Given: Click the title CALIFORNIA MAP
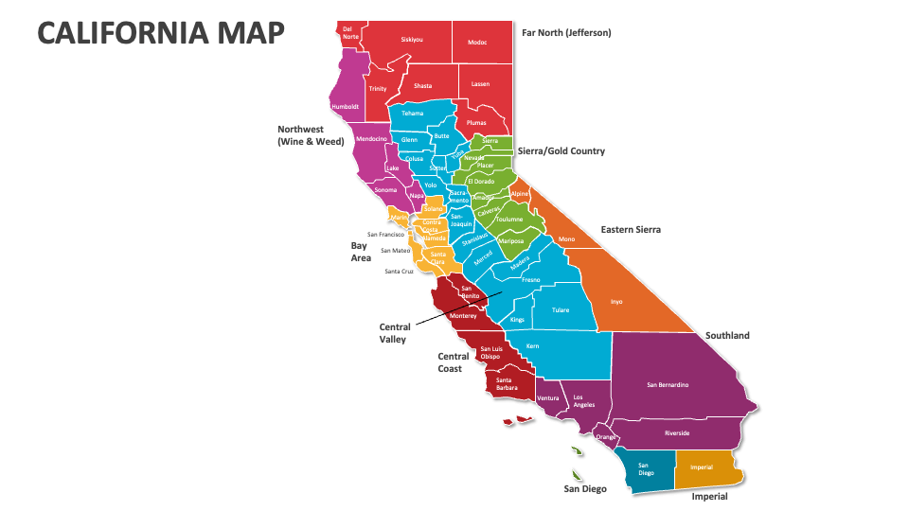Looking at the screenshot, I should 161,32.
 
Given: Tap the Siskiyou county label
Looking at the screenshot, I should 412,40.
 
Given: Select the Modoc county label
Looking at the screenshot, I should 477,42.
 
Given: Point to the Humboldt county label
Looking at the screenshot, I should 345,107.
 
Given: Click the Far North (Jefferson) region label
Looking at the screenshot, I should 566,32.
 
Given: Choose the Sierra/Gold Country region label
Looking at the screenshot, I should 561,151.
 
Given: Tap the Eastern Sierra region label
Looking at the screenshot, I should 631,230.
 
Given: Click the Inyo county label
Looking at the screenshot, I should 616,302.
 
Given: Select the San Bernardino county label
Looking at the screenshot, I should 668,385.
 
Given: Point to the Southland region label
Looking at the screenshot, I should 727,336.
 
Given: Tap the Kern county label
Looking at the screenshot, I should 532,346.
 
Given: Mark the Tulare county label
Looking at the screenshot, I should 561,310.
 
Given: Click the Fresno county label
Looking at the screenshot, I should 530,280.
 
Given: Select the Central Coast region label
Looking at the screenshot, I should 453,362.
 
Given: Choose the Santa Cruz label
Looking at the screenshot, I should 400,272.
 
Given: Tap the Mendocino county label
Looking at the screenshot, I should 370,139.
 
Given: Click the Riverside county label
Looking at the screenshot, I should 676,433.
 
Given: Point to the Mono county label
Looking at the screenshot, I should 566,239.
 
